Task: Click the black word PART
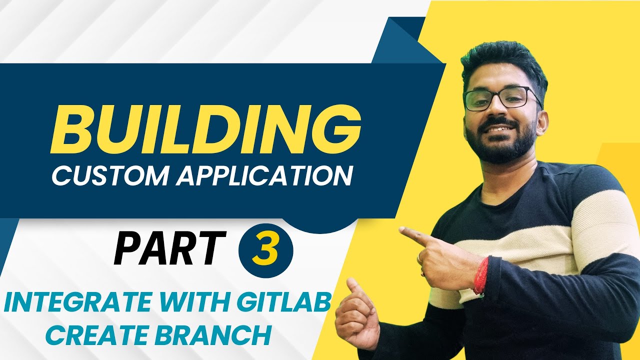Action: (167, 248)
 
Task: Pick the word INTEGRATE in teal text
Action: (70, 303)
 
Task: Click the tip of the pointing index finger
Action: (403, 230)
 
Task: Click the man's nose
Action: (492, 112)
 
